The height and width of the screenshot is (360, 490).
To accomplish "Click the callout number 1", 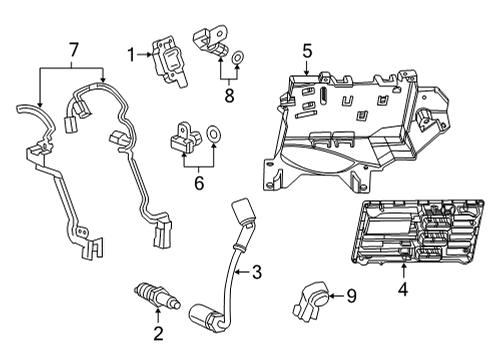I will (130, 53).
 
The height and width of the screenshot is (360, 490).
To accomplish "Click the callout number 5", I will (308, 48).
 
